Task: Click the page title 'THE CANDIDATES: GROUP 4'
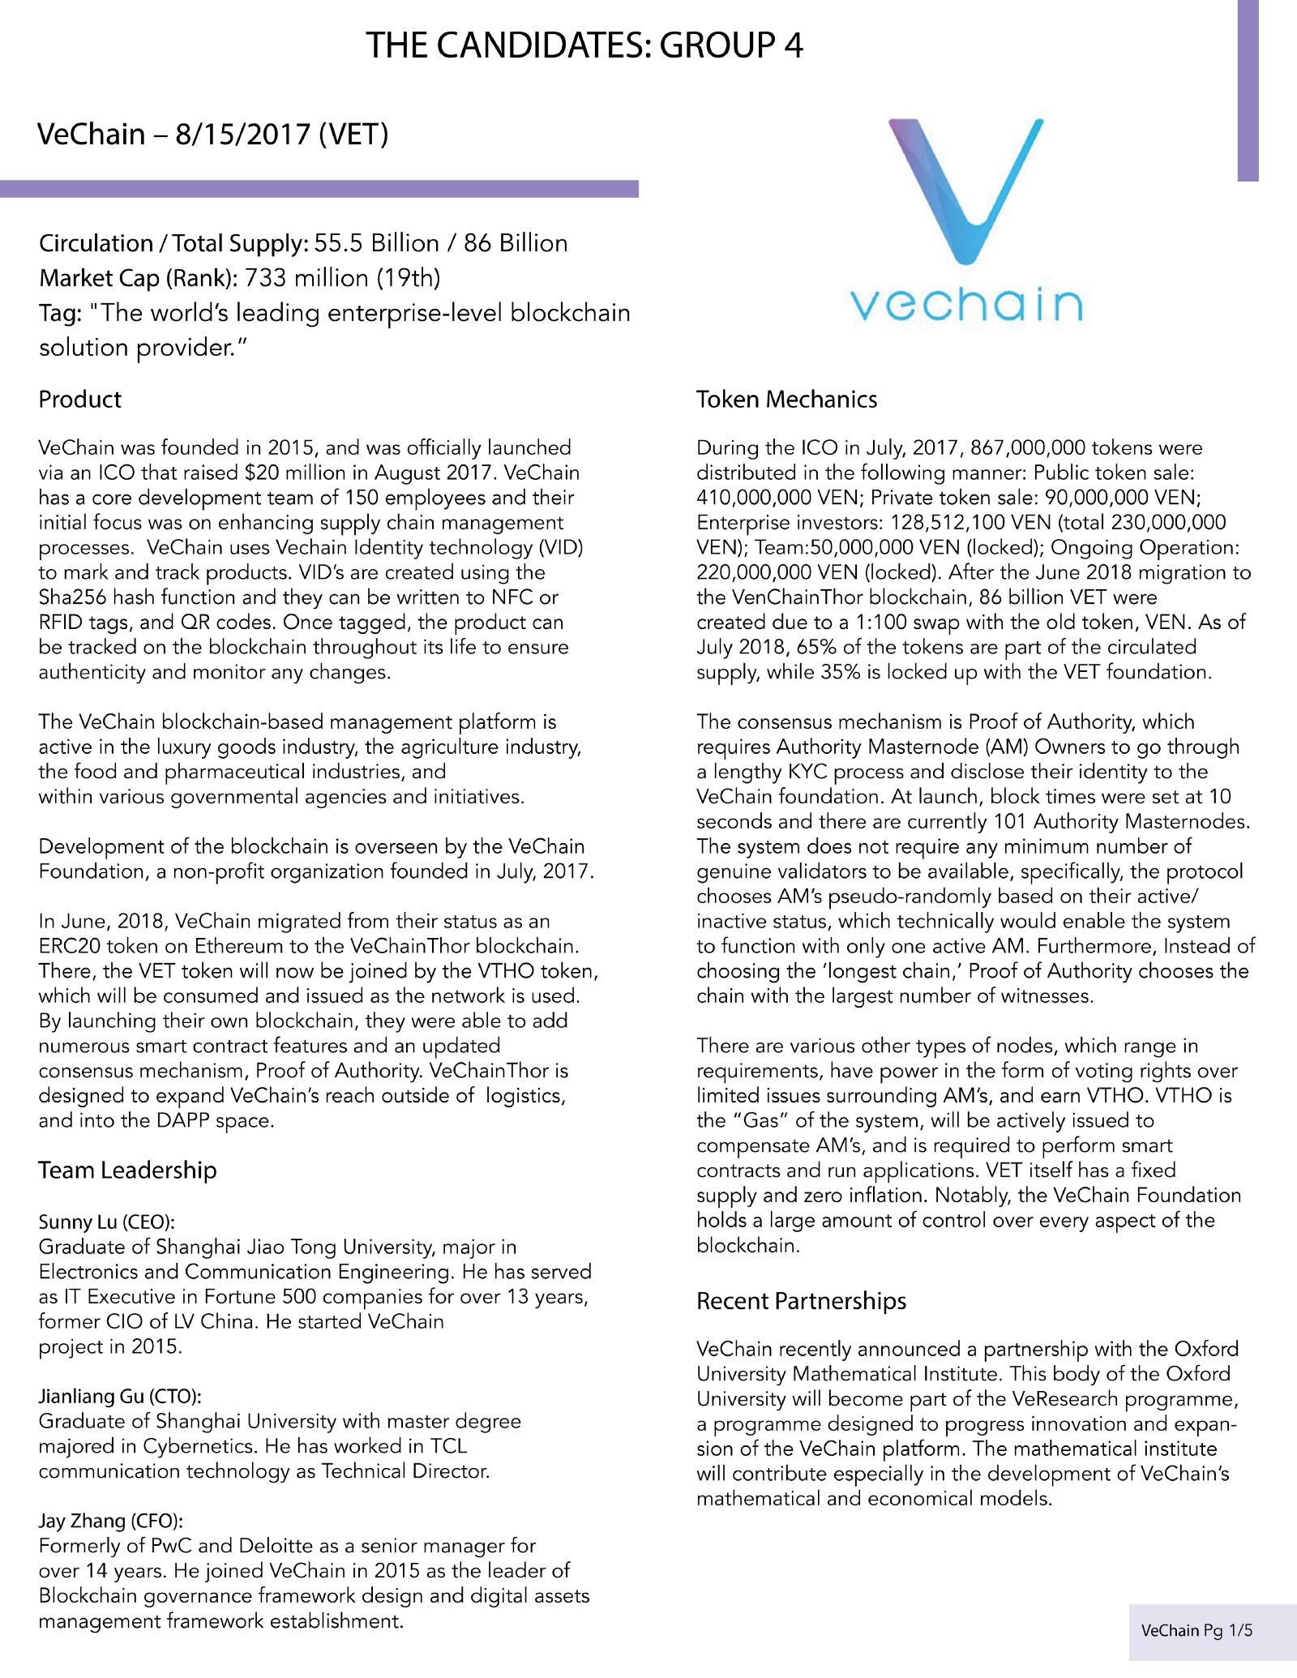[584, 45]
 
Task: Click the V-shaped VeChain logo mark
[965, 191]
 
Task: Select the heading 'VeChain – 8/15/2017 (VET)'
[213, 134]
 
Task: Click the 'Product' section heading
[79, 400]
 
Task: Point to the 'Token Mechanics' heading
[786, 400]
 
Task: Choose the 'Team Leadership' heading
[127, 1171]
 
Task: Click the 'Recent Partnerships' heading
[801, 1301]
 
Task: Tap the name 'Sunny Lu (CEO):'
[107, 1222]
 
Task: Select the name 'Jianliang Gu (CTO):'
[120, 1396]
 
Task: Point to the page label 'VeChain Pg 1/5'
[1196, 1630]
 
